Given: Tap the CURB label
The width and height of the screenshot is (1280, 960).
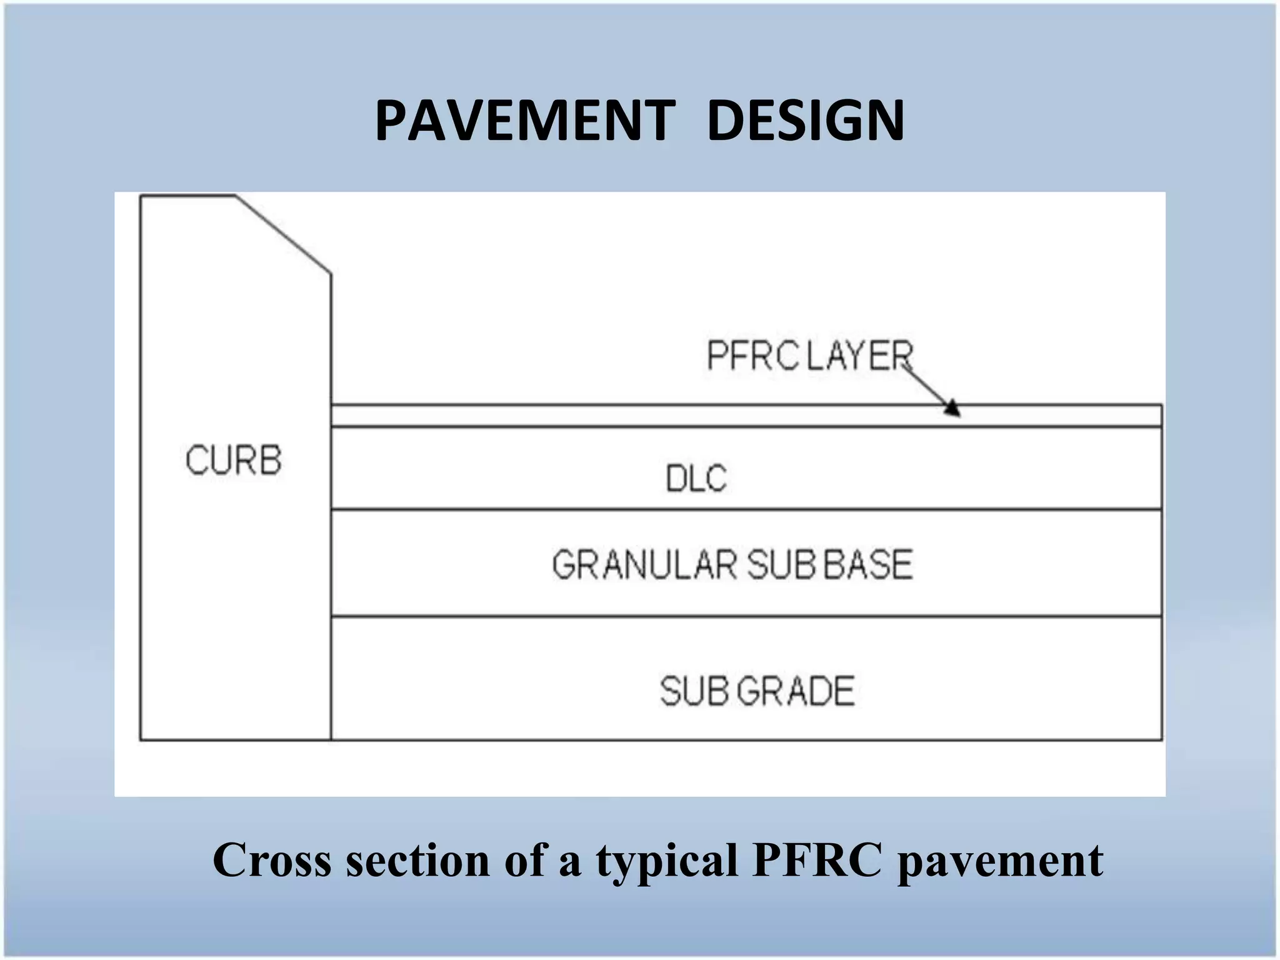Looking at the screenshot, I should click(x=233, y=461).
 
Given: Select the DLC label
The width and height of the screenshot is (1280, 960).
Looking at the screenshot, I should click(x=696, y=479).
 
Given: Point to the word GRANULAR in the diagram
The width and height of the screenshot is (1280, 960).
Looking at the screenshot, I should click(x=644, y=564).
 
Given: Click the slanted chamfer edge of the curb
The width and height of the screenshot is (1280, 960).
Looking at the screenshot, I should click(x=283, y=234).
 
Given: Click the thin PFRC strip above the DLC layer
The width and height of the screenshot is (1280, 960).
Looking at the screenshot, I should click(x=625, y=416).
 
